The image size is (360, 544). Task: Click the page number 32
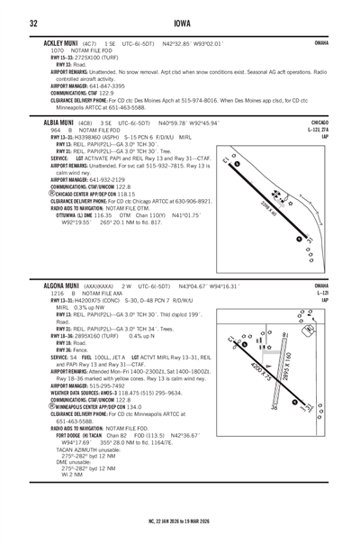click(31, 23)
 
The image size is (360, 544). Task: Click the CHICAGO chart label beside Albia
click(319, 121)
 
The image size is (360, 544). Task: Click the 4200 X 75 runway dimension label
click(264, 368)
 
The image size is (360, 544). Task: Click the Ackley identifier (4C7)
click(88, 41)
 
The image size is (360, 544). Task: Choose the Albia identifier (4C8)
click(84, 122)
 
